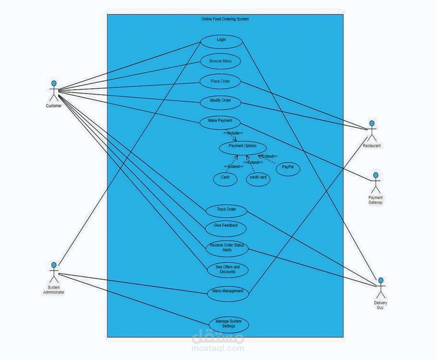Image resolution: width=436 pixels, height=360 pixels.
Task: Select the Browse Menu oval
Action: pos(220,62)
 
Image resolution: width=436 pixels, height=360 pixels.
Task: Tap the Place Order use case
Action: pos(220,82)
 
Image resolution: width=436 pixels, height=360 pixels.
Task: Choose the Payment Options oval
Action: pos(243,147)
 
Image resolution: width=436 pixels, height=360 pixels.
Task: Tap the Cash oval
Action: pos(225,178)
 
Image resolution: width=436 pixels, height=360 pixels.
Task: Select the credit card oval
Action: pos(258,178)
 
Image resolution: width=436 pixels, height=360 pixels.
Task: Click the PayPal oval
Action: pos(288,168)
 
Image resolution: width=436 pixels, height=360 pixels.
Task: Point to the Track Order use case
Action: pos(226,211)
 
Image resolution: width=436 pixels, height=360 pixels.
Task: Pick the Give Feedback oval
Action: pos(226,227)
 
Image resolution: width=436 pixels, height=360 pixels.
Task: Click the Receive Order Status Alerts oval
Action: pos(227,248)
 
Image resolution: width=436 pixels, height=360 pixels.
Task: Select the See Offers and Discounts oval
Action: pos(228,269)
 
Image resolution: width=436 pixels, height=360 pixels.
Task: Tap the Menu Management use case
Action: pos(228,292)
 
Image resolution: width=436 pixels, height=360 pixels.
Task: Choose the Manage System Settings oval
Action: pos(229,324)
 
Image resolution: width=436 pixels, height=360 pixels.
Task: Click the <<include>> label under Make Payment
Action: pos(233,133)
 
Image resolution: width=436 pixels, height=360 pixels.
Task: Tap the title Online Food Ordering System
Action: pos(225,19)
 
